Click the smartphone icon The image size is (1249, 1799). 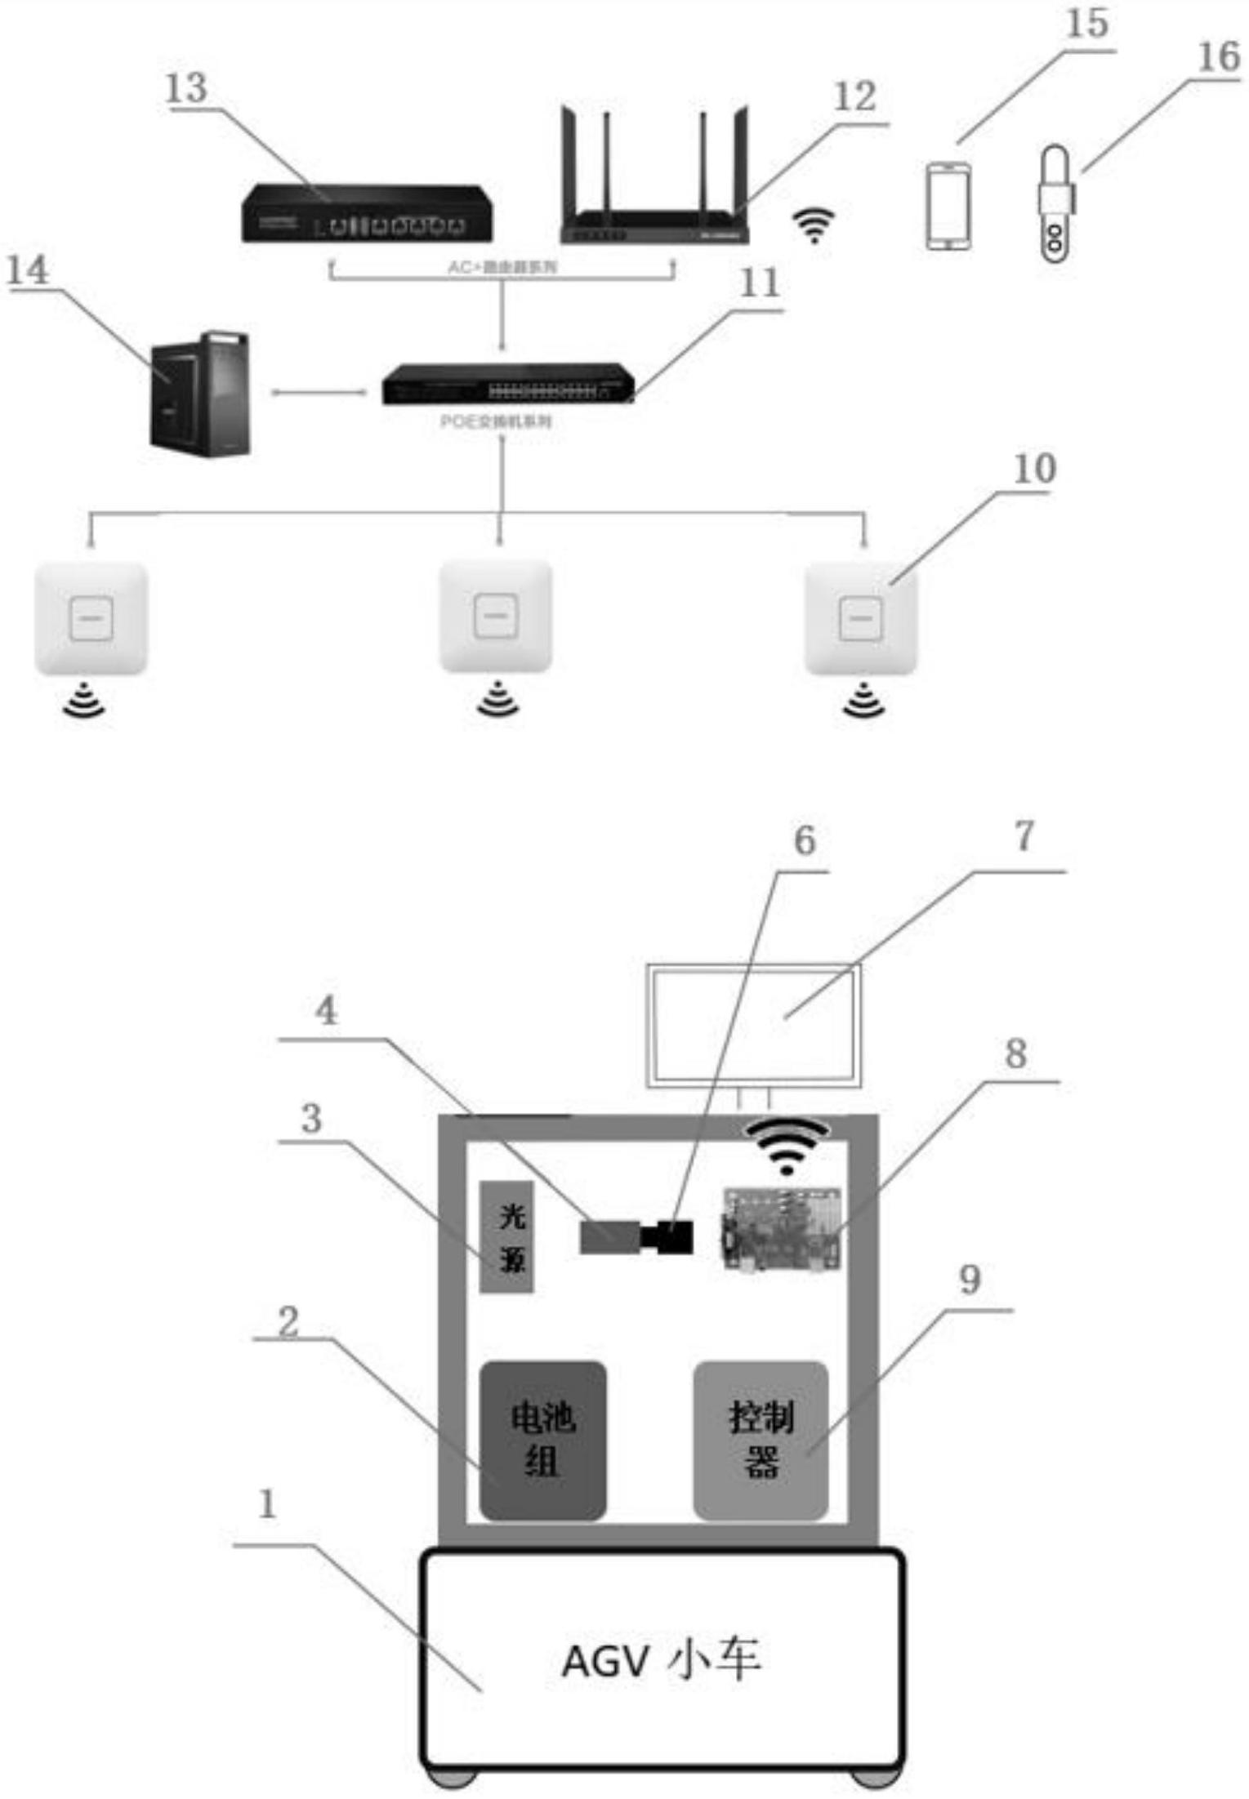[x=948, y=206]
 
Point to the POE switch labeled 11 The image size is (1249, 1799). [x=508, y=384]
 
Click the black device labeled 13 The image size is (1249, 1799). [x=367, y=213]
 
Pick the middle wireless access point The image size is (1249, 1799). [x=496, y=617]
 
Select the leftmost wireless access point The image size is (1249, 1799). [x=91, y=618]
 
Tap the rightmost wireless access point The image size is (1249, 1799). [x=861, y=618]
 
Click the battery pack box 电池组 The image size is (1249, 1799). [x=542, y=1441]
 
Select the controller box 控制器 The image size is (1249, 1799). [x=761, y=1441]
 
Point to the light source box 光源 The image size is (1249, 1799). [x=507, y=1237]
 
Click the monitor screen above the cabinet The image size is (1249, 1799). [x=753, y=1026]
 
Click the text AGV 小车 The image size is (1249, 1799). [x=661, y=1661]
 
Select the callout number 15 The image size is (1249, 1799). [x=1087, y=24]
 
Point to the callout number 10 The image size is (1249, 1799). [x=1034, y=470]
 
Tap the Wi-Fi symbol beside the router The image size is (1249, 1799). [x=814, y=225]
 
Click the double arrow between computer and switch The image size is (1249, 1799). [x=319, y=393]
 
